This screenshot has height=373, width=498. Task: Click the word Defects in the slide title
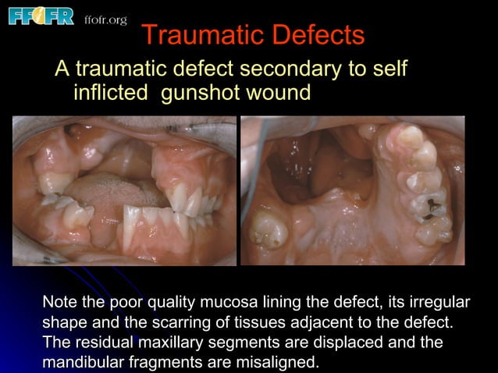(320, 35)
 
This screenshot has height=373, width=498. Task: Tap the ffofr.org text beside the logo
(105, 20)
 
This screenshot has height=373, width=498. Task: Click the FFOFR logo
(41, 16)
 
